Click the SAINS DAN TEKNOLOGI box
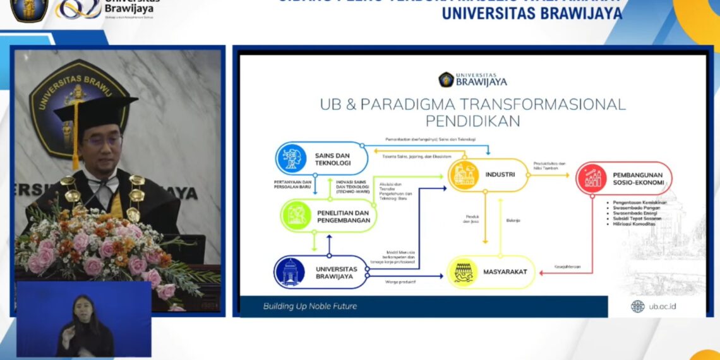(322, 158)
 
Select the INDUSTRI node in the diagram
(488, 175)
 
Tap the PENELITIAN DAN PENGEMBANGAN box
(328, 216)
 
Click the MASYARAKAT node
(490, 273)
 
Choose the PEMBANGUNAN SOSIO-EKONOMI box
(624, 178)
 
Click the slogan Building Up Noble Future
(309, 306)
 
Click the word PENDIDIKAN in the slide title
(472, 120)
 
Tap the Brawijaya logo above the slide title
(472, 80)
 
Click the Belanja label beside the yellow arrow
(513, 220)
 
